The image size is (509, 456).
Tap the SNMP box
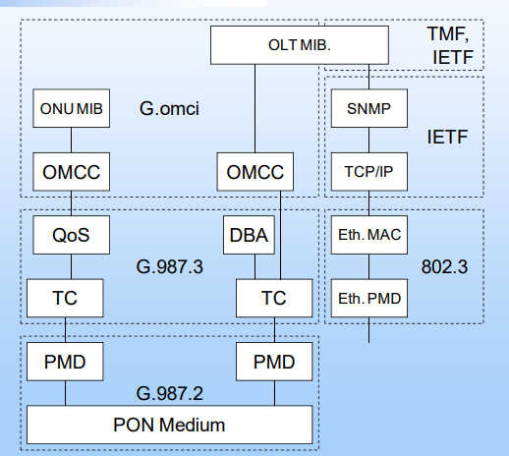(x=368, y=108)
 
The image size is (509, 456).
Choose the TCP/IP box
(x=368, y=171)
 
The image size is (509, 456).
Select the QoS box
(x=66, y=235)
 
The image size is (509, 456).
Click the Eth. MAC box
(x=368, y=235)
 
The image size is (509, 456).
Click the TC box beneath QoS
(x=66, y=297)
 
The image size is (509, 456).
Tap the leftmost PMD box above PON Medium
(x=66, y=362)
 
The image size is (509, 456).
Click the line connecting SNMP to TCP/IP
(x=368, y=140)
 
